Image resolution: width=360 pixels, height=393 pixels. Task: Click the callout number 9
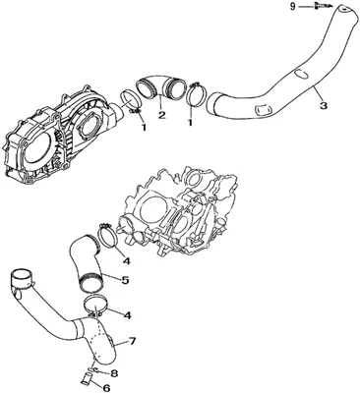click(x=292, y=7)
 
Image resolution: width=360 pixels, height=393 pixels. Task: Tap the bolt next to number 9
click(x=319, y=6)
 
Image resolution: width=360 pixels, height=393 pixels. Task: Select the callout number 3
click(x=324, y=105)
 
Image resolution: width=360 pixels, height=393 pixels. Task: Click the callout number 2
click(x=161, y=115)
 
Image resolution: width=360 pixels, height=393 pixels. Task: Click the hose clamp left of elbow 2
click(x=131, y=101)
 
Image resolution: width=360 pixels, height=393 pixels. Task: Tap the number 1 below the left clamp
click(x=144, y=127)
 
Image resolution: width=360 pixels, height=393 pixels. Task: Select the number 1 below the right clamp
click(x=190, y=122)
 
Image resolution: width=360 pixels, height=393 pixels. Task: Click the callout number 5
click(x=125, y=280)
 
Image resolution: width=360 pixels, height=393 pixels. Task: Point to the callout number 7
click(x=132, y=341)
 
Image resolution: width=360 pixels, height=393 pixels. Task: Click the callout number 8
click(x=114, y=372)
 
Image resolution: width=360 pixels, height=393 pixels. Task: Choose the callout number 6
click(x=106, y=388)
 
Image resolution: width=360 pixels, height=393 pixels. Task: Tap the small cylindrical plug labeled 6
click(x=85, y=380)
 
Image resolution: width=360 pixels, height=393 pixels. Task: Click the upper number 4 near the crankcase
click(x=127, y=260)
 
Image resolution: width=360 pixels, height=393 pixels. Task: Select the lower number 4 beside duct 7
click(x=127, y=315)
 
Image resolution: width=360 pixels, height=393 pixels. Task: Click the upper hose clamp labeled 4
click(x=108, y=235)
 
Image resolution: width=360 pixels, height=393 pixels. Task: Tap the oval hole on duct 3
click(x=301, y=74)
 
